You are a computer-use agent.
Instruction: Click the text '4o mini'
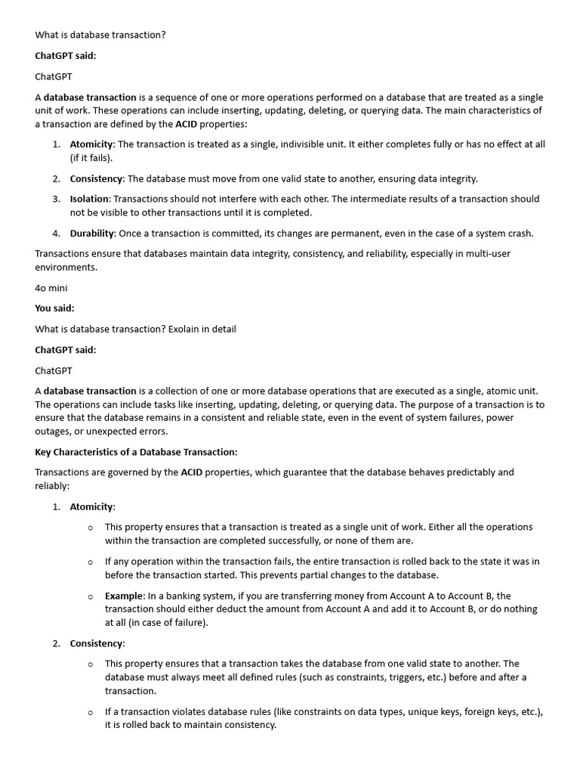[x=51, y=288]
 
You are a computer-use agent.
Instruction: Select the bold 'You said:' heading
[x=54, y=308]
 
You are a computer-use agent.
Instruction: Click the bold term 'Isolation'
[x=90, y=199]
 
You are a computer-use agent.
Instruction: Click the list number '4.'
[x=57, y=234]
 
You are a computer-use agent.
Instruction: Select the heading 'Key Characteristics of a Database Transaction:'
[x=136, y=452]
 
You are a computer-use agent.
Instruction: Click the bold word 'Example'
[x=124, y=596]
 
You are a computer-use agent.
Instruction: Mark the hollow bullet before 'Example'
[x=90, y=597]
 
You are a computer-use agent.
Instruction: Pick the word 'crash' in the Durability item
[x=520, y=234]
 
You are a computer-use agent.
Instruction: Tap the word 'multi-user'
[x=486, y=254]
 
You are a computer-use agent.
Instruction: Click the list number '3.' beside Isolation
[x=57, y=199]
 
